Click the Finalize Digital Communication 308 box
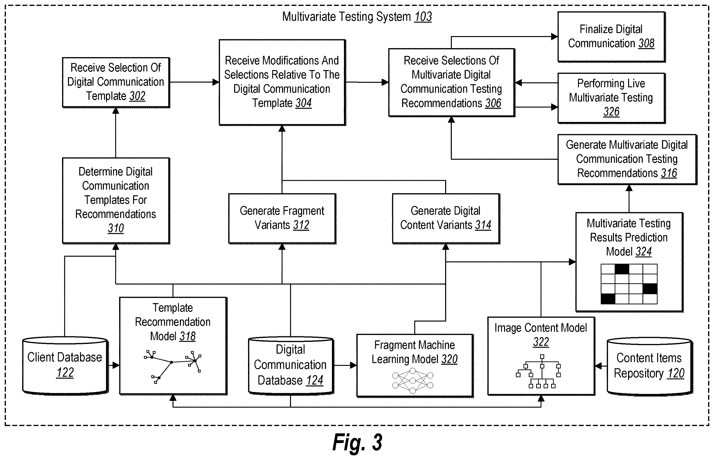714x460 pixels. point(611,37)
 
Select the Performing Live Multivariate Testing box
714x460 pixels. point(611,98)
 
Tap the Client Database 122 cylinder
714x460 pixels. point(65,366)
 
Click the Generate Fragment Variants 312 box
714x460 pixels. point(282,219)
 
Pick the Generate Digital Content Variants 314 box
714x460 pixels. point(446,219)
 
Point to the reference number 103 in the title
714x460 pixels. point(423,17)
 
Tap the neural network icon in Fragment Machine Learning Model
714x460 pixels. point(412,381)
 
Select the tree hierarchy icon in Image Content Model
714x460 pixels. point(538,371)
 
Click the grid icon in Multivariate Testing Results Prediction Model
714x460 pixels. point(629,284)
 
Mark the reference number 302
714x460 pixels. point(137,96)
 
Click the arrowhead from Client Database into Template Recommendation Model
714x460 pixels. point(116,365)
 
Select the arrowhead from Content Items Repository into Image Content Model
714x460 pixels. point(598,366)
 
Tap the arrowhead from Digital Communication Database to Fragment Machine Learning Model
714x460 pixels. point(353,365)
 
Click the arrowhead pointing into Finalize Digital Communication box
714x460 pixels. point(554,37)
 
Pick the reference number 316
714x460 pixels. point(669,173)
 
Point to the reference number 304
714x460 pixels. point(304,103)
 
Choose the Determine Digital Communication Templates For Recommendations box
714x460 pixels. point(116,201)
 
